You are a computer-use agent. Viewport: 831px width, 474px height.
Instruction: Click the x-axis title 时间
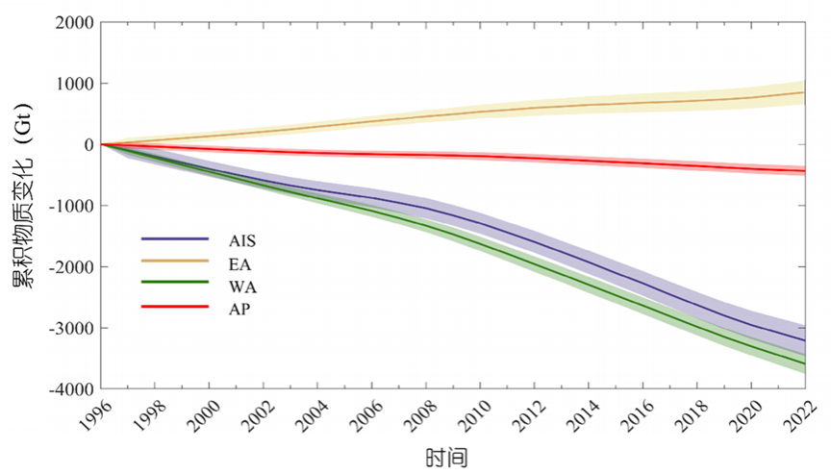[446, 455]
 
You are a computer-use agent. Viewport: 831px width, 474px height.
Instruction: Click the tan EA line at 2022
[804, 92]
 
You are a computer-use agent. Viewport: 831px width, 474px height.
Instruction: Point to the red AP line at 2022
[804, 171]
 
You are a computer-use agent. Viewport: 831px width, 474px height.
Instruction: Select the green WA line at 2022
[804, 362]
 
